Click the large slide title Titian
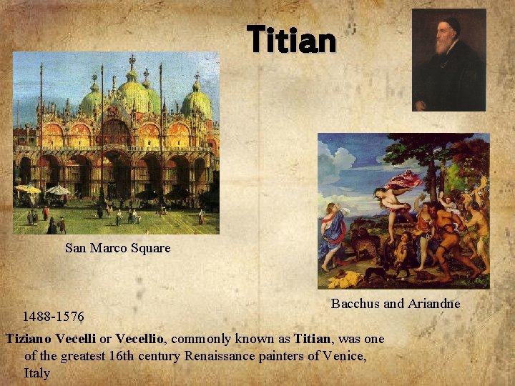point(291,40)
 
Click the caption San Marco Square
point(117,248)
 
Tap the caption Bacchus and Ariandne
point(396,304)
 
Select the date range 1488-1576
point(53,316)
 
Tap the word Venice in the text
point(344,356)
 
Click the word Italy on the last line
point(37,373)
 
